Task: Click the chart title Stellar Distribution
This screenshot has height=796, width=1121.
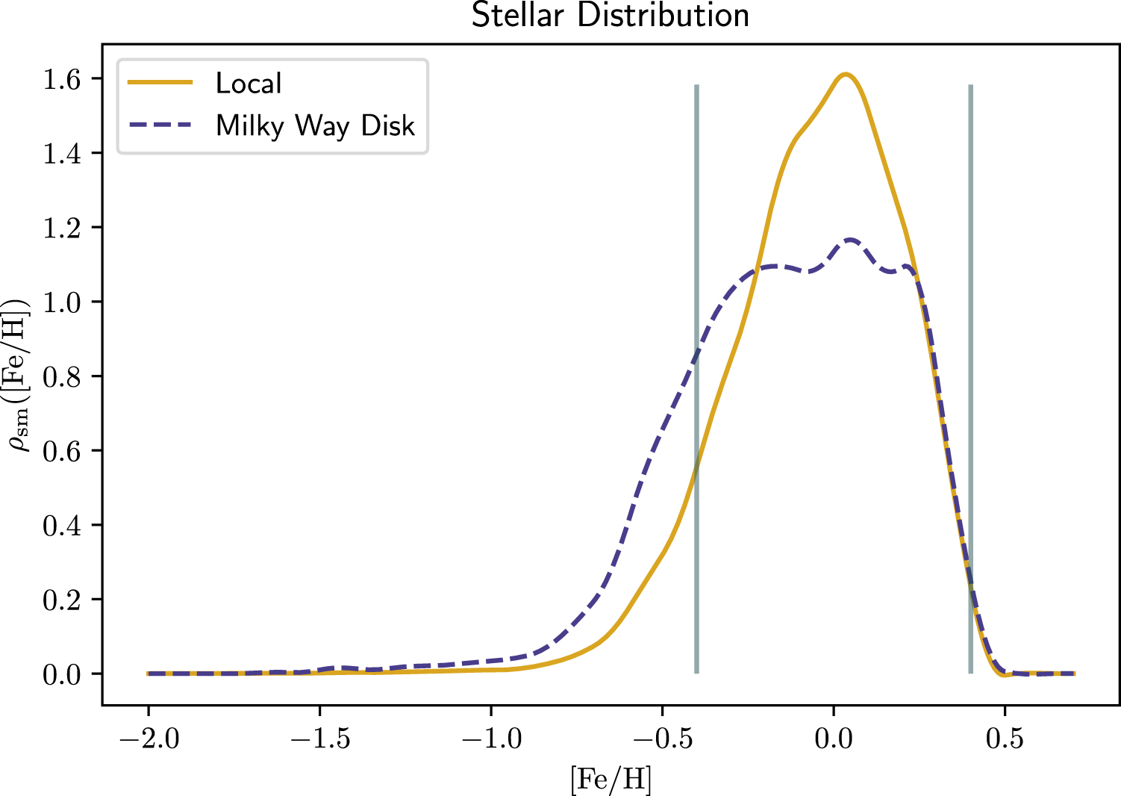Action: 610,16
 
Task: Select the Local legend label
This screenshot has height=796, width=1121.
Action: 249,83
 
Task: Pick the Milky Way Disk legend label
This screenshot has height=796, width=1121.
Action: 315,125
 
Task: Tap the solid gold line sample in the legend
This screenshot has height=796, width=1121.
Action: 160,82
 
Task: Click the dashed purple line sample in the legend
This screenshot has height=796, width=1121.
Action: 160,125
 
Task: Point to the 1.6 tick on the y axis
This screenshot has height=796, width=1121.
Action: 62,79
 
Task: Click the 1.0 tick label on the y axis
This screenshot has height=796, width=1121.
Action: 62,302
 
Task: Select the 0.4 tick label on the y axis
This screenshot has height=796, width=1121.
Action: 62,526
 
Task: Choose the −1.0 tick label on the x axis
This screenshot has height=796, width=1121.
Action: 490,739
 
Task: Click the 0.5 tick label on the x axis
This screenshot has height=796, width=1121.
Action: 1005,739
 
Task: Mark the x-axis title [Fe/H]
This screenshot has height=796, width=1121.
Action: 610,780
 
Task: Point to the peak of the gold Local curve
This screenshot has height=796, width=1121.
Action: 845,74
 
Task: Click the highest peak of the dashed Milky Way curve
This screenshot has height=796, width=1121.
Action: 850,240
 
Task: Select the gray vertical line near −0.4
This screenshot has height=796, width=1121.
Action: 696,373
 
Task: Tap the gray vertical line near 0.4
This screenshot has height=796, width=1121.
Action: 970,373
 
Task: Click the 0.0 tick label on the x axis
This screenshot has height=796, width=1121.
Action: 834,739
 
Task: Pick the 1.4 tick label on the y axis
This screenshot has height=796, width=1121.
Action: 62,154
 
